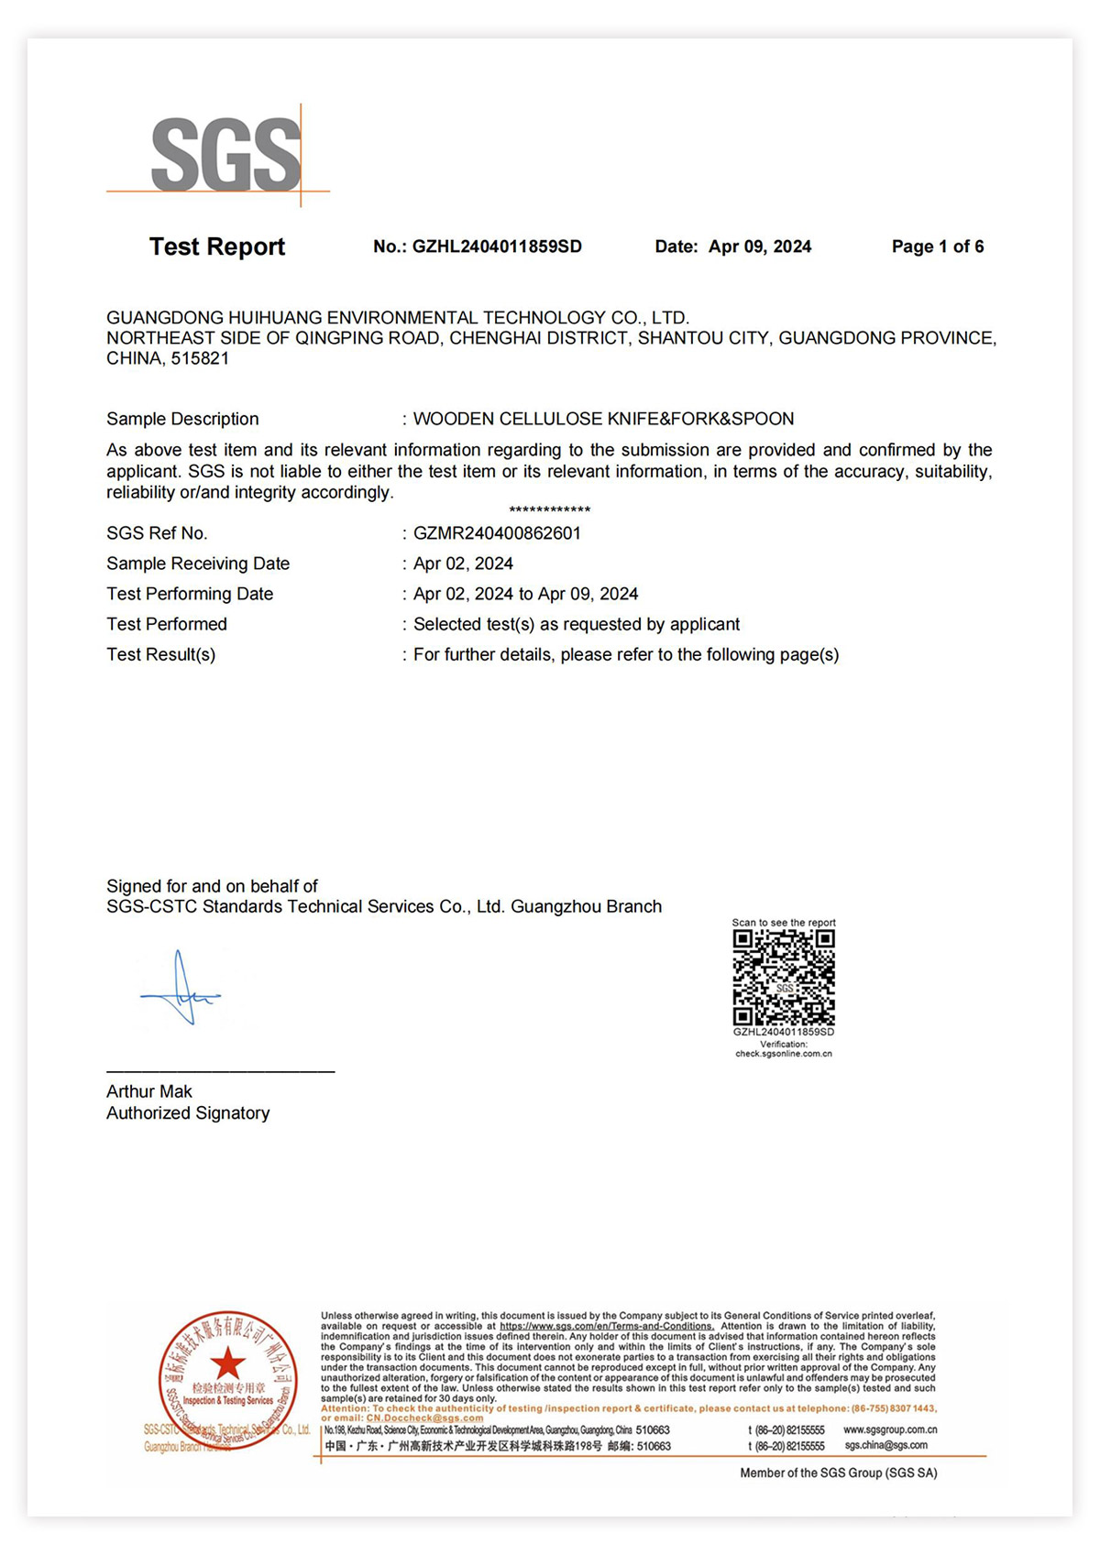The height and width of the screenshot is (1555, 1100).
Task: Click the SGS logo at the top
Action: coord(225,155)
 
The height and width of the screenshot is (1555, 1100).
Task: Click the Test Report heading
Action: coord(217,246)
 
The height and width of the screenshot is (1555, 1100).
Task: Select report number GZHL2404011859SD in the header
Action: coord(497,246)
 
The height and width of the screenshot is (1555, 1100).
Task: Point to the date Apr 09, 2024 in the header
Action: coord(760,246)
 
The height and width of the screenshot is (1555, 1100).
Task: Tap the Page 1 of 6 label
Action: coord(937,246)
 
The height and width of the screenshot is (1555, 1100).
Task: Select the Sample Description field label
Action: coord(182,419)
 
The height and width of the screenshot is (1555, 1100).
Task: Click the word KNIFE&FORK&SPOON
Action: coord(700,419)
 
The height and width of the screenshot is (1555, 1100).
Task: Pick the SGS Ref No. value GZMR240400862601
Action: coord(497,533)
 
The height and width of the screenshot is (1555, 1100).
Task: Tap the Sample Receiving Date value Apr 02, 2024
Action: coord(463,564)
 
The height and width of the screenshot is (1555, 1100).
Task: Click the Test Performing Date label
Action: coord(190,594)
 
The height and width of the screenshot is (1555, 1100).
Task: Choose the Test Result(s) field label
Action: coord(161,654)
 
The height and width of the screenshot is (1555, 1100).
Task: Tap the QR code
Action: coord(784,978)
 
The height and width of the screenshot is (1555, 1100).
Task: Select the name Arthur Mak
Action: coord(149,1091)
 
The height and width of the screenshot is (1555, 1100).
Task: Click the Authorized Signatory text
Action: coord(188,1113)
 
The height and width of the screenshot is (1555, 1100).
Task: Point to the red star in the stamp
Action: coord(227,1363)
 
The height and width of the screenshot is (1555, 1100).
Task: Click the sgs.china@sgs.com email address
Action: coord(885,1446)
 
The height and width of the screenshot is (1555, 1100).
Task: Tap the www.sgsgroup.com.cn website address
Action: coord(889,1429)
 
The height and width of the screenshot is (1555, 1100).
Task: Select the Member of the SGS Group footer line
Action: coord(838,1473)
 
